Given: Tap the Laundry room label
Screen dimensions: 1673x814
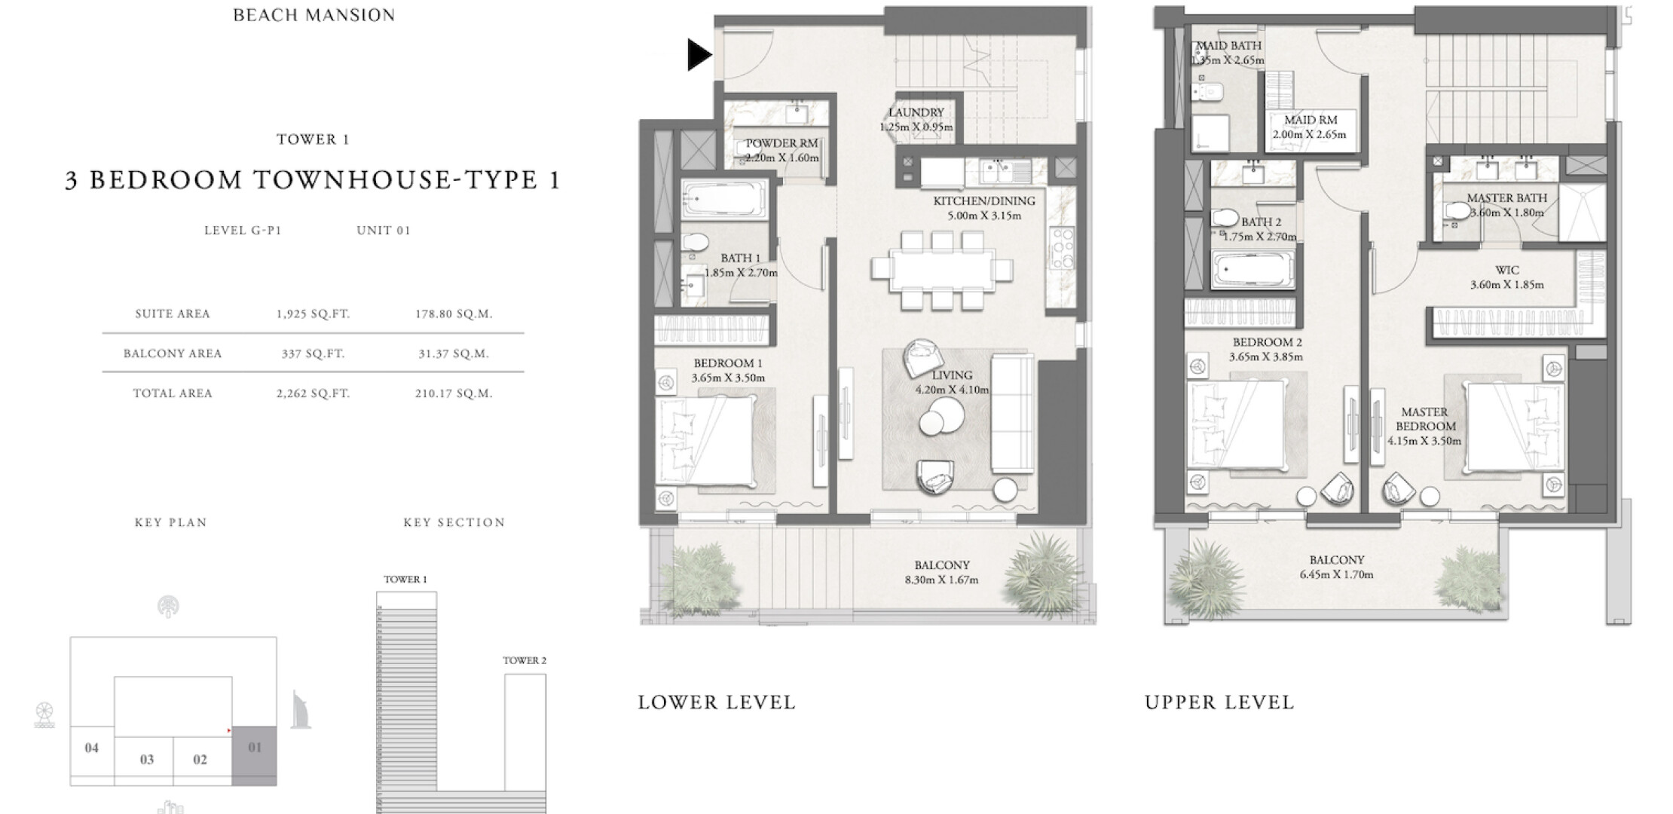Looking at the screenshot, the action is [916, 112].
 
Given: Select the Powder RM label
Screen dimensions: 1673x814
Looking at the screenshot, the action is [781, 143].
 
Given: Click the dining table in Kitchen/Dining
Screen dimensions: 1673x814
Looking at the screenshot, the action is [940, 269].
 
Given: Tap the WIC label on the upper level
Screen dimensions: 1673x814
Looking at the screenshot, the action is [1506, 270].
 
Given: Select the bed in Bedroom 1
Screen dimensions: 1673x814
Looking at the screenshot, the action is [705, 440].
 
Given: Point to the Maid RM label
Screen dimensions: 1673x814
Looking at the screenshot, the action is [1311, 120].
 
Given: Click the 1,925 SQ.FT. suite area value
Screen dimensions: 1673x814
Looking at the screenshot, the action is [313, 314].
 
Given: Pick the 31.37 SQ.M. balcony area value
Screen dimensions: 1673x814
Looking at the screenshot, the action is [454, 353].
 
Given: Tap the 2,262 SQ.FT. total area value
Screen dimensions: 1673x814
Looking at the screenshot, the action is [313, 393].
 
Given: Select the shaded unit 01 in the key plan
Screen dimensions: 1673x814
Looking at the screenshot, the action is [254, 756].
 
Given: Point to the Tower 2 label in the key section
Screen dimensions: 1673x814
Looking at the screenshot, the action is [525, 660].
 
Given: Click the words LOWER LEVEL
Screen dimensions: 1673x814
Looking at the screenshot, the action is [717, 702].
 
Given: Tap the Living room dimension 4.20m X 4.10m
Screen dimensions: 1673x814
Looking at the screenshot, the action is [952, 390].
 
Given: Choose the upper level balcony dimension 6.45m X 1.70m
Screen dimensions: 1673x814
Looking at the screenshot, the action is [1336, 574].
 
